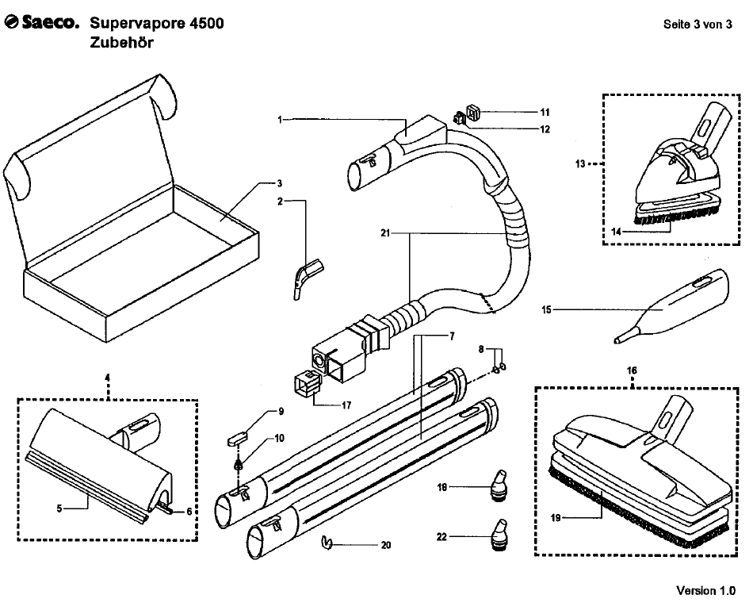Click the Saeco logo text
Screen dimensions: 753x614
coord(41,22)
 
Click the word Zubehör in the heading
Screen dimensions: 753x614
coord(121,42)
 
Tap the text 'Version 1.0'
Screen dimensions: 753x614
coord(705,590)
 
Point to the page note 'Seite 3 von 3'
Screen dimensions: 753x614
coord(698,25)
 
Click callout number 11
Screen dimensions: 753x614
coord(545,113)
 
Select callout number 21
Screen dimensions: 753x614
coord(385,233)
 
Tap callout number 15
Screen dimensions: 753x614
coord(546,310)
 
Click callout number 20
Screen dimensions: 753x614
coord(386,545)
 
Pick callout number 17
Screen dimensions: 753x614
coord(346,405)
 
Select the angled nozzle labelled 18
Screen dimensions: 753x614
coord(498,485)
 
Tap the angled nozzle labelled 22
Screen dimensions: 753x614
coord(499,534)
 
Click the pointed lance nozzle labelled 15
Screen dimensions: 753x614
coord(671,307)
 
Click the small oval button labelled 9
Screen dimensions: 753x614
coord(236,438)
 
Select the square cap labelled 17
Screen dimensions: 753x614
coord(307,382)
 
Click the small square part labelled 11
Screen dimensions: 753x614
coord(473,113)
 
